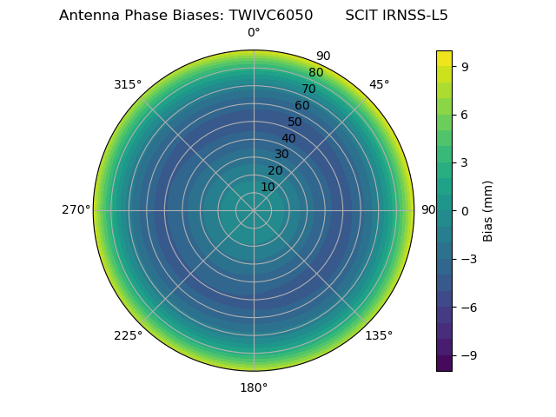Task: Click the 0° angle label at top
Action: [x=254, y=33]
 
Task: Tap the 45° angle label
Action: [x=379, y=84]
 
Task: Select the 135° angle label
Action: [x=379, y=335]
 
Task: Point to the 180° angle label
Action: [x=254, y=387]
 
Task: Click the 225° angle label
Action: [x=128, y=335]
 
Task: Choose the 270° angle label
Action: [x=76, y=210]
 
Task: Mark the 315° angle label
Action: [x=128, y=84]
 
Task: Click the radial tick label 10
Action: [x=268, y=187]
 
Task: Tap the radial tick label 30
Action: [x=281, y=155]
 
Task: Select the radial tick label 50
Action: [x=295, y=122]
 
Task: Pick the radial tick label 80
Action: [x=315, y=73]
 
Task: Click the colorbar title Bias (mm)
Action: [x=488, y=210]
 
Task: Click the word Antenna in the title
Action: [x=87, y=16]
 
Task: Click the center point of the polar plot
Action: [x=254, y=210]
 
